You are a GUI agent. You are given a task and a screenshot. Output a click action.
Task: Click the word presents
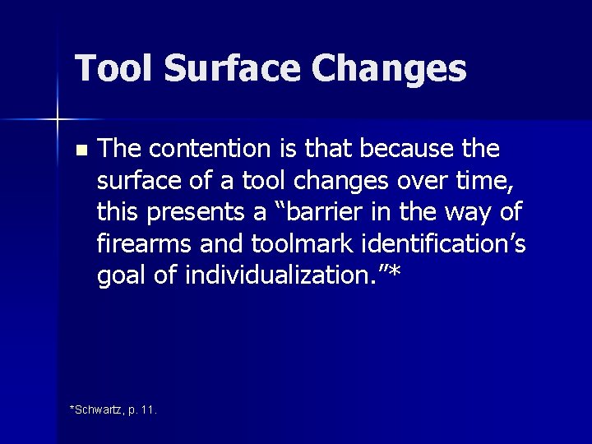coord(202,212)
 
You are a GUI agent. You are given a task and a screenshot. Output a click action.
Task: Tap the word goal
coord(123,275)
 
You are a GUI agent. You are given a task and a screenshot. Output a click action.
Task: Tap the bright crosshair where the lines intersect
coord(58,120)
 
